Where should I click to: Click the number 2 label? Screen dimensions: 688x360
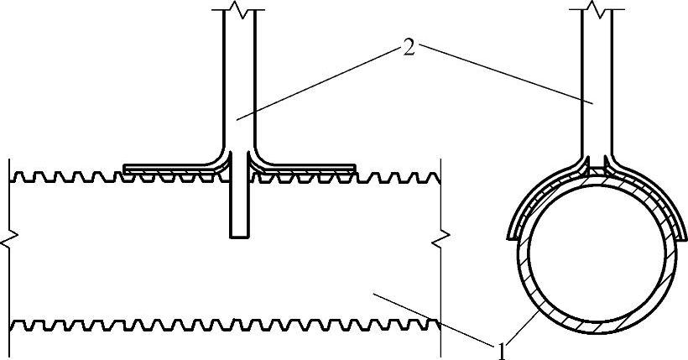pos(409,48)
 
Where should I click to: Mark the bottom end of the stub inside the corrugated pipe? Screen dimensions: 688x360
pos(240,234)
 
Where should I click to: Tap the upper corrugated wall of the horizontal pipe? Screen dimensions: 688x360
pos(84,177)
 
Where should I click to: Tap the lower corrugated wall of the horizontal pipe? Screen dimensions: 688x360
pos(168,323)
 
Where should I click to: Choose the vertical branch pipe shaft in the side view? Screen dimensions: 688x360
pos(240,84)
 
